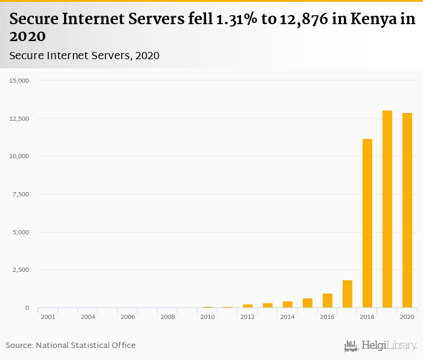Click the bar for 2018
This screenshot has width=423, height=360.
(x=367, y=223)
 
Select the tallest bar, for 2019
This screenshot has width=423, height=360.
(x=387, y=209)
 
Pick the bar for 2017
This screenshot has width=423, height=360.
(x=347, y=294)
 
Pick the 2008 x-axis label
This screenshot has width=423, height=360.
(x=167, y=317)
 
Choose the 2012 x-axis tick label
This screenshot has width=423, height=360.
(x=248, y=317)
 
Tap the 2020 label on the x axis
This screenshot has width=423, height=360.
(x=407, y=317)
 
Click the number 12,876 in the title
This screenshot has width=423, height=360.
(x=300, y=19)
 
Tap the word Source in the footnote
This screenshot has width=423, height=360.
(x=19, y=345)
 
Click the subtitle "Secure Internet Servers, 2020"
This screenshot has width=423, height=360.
(x=84, y=56)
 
